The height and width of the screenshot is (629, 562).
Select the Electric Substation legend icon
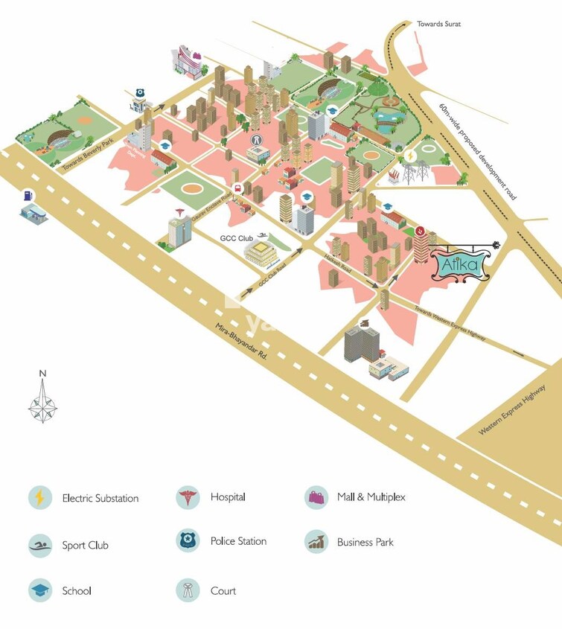pos(40,497)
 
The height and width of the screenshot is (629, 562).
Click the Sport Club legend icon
pos(40,545)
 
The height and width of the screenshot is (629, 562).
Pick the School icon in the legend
pos(40,590)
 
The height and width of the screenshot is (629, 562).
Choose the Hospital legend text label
pos(228,497)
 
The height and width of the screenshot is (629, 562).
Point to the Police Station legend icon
pos(188,541)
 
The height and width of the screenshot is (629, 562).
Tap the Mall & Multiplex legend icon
pos(316,497)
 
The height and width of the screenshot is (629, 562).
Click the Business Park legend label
pos(365,542)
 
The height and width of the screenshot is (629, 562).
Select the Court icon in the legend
pos(188,590)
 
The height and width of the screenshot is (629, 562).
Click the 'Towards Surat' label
pos(438,24)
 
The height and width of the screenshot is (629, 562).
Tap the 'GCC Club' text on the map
pos(237,238)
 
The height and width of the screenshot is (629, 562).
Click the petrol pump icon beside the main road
pos(28,195)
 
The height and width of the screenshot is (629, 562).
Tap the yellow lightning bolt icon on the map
pos(409,156)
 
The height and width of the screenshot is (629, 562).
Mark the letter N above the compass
pos(43,374)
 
